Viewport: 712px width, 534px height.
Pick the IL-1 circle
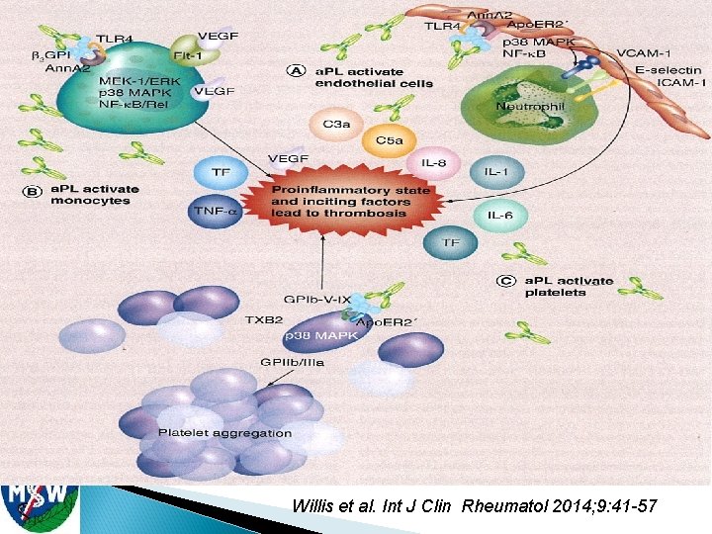[x=495, y=172]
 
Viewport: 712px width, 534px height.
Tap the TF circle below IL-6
[x=451, y=242]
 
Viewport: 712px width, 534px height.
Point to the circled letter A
[x=295, y=70]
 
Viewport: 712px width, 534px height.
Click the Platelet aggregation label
[x=225, y=432]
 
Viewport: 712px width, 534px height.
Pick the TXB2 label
[x=267, y=319]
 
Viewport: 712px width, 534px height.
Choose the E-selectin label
[x=667, y=70]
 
